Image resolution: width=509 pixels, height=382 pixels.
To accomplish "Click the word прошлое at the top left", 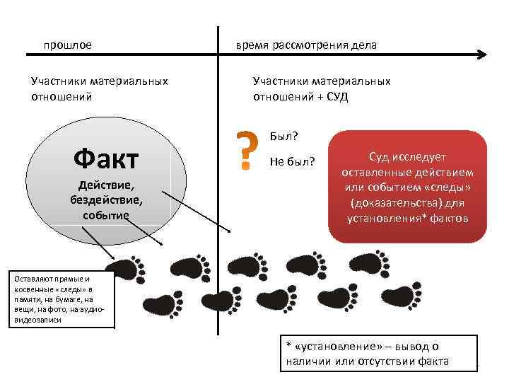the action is coord(67,45).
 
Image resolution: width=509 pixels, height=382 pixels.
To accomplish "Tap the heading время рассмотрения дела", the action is coord(306,45).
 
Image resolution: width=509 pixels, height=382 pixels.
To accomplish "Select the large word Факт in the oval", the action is coord(106,159).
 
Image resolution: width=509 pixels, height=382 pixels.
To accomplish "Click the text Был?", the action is coord(283,135).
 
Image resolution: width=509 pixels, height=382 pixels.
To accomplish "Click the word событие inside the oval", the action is coord(106,214).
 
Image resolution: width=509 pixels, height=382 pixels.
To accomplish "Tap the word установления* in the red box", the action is coord(383,217).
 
